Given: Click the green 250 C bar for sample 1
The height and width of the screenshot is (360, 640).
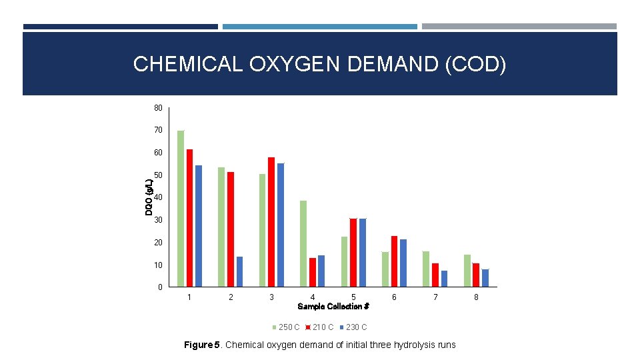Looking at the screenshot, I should [181, 209].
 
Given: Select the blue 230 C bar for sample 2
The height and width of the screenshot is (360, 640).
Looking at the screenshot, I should [239, 272].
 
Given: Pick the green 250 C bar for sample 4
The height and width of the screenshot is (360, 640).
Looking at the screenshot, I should [303, 244].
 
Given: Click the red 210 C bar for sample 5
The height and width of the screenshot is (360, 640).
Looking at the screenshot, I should [353, 253].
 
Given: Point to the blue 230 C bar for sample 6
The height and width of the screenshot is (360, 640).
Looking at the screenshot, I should [403, 263].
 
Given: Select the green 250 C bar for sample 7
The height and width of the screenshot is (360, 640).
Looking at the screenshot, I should [426, 269].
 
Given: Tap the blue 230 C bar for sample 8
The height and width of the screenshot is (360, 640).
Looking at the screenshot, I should [485, 278].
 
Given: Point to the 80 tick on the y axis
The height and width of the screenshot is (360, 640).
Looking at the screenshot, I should [158, 108].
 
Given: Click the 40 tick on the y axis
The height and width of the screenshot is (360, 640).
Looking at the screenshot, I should [158, 197].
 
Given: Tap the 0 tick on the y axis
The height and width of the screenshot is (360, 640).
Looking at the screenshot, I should [160, 287].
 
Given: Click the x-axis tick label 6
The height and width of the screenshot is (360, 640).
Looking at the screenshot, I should [394, 297].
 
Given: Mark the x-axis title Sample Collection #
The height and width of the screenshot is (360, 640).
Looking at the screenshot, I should [333, 307].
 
